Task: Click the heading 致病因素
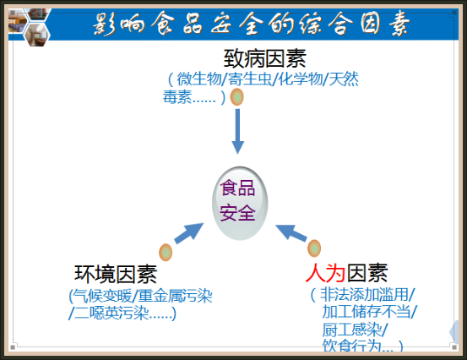click(265, 58)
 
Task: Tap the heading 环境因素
click(116, 274)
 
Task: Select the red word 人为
click(325, 273)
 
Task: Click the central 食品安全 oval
click(240, 204)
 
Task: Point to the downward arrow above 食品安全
click(237, 132)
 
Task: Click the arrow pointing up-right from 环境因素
click(188, 233)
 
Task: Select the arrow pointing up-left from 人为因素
click(291, 232)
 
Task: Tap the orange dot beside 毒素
click(237, 97)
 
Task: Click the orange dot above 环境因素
click(166, 253)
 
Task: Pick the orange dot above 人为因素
click(314, 248)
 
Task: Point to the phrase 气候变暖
click(103, 296)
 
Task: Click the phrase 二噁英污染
click(111, 313)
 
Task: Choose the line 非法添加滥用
click(364, 294)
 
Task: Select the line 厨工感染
click(352, 330)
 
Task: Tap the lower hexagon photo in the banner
click(37, 35)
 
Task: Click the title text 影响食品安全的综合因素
click(251, 24)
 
